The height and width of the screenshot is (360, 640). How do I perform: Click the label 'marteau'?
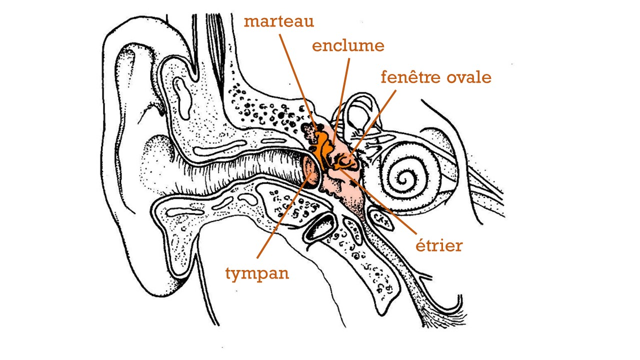(279, 21)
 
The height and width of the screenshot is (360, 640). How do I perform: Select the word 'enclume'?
(348, 46)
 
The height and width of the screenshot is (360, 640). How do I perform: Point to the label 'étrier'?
(439, 245)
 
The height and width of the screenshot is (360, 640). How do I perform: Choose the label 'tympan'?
(257, 273)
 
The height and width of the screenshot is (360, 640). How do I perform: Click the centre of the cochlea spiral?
(403, 180)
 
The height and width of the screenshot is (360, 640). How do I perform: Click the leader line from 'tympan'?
(284, 215)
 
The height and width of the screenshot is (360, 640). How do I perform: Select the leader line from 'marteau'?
(297, 81)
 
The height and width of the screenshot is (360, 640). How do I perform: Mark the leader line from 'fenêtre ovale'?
(373, 123)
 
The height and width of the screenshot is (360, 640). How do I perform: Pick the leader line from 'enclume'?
(341, 101)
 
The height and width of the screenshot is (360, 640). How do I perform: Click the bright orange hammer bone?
(321, 148)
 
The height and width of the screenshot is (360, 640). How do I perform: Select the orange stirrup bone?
(344, 162)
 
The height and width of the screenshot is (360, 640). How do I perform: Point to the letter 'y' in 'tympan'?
(237, 275)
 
